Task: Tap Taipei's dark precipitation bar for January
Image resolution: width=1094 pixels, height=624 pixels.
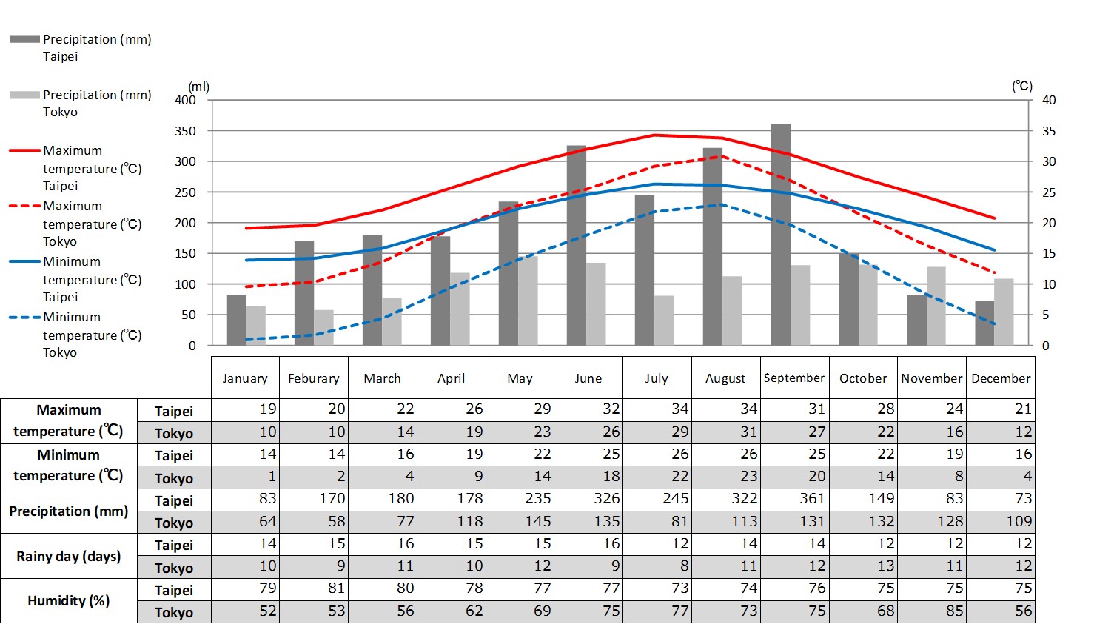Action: (236, 320)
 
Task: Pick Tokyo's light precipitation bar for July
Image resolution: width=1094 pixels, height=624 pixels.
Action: (664, 321)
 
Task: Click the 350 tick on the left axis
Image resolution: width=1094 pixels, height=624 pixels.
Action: (186, 131)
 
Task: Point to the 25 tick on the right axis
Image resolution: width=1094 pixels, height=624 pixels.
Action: (1049, 192)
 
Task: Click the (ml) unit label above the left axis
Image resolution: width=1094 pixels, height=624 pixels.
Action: (198, 87)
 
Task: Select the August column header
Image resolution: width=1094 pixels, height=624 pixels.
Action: (725, 378)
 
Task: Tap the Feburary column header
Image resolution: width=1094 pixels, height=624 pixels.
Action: (314, 378)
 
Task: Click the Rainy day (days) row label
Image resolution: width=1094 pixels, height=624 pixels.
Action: (69, 556)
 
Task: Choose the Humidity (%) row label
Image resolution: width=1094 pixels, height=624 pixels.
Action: (69, 600)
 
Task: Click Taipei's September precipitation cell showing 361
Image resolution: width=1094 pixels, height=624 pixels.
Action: (795, 499)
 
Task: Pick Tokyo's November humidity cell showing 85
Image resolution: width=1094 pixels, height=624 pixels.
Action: (932, 611)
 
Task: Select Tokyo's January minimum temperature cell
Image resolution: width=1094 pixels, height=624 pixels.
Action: (246, 477)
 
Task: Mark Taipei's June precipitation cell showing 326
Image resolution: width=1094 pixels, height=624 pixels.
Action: (588, 499)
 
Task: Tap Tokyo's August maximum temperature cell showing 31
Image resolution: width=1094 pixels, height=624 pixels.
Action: (725, 432)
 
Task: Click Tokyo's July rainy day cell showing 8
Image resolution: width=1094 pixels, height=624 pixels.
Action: (657, 566)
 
